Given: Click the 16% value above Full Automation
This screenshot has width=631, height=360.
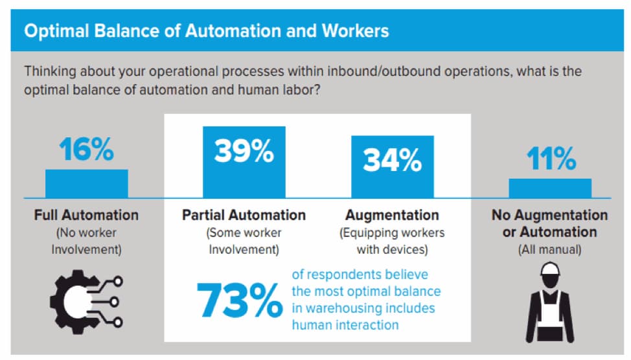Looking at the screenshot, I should (x=87, y=150).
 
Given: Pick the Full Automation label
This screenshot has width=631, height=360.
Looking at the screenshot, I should (x=86, y=215).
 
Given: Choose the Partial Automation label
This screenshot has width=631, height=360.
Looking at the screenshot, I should (x=244, y=215).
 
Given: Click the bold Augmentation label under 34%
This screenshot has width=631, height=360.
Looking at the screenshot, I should (x=392, y=215).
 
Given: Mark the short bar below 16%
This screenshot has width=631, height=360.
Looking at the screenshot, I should (x=86, y=184).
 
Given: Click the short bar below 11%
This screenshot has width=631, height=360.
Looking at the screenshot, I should (x=549, y=188).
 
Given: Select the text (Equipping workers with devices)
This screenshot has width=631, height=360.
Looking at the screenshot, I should (x=392, y=240).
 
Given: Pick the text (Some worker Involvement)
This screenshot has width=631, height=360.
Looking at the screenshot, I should (x=244, y=240).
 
